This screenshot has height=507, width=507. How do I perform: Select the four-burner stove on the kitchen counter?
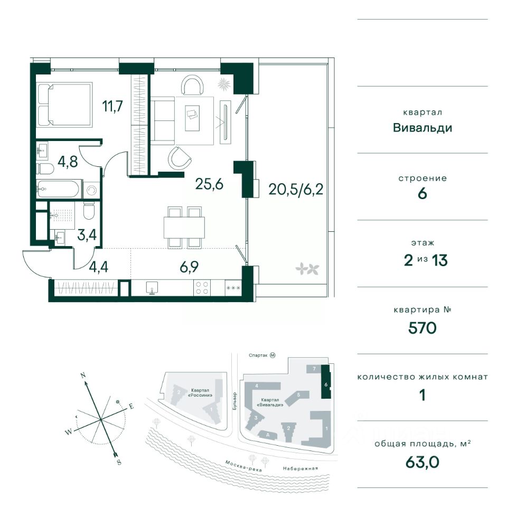[202, 288]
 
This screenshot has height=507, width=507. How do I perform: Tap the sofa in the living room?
[163, 120]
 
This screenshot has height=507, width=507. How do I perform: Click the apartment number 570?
[421, 328]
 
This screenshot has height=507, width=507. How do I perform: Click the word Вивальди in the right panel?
[421, 127]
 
